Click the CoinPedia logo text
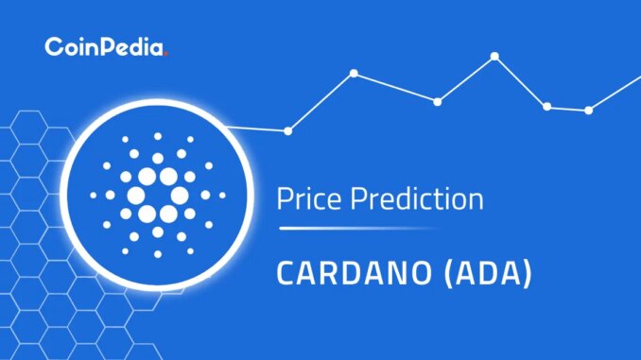click(x=106, y=46)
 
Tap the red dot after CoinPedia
click(x=165, y=54)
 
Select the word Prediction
click(x=417, y=198)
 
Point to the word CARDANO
click(x=354, y=273)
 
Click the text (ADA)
click(x=488, y=273)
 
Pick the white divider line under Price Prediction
click(x=355, y=229)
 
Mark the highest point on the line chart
click(x=494, y=56)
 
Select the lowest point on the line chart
click(x=288, y=131)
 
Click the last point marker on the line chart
click(x=589, y=111)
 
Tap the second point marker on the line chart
click(x=354, y=73)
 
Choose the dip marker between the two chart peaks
click(x=438, y=102)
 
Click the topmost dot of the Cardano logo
click(x=158, y=136)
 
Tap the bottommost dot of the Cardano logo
click(x=158, y=254)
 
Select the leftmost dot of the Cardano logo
click(x=94, y=196)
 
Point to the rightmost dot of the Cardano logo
click(x=222, y=196)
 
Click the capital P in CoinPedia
click(x=106, y=47)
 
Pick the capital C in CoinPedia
click(x=52, y=46)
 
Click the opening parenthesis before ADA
click(x=449, y=273)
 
